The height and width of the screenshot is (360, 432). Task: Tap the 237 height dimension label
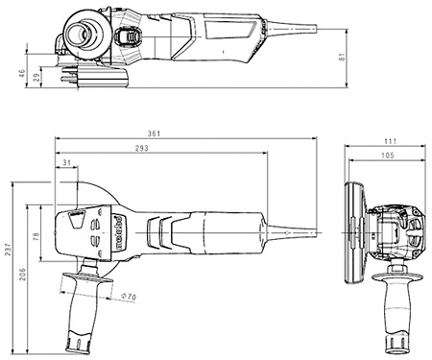pyautogui.click(x=10, y=252)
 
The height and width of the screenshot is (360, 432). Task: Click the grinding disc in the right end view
pyautogui.click(x=353, y=229)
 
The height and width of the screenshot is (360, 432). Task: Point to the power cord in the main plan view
pyautogui.click(x=298, y=230)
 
